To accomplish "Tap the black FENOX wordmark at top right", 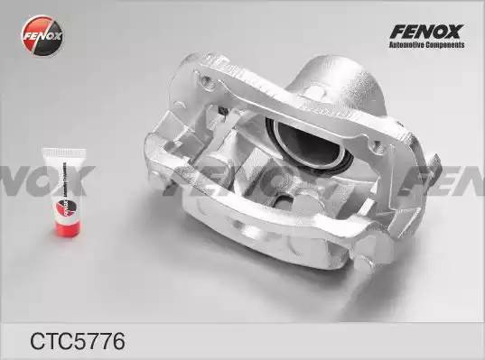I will pos(424,30).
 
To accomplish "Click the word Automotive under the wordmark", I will pos(407,46).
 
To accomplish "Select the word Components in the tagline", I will pos(444,46).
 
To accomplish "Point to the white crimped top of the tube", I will pos(61,156).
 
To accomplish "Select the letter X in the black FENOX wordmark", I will pos(454,30).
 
